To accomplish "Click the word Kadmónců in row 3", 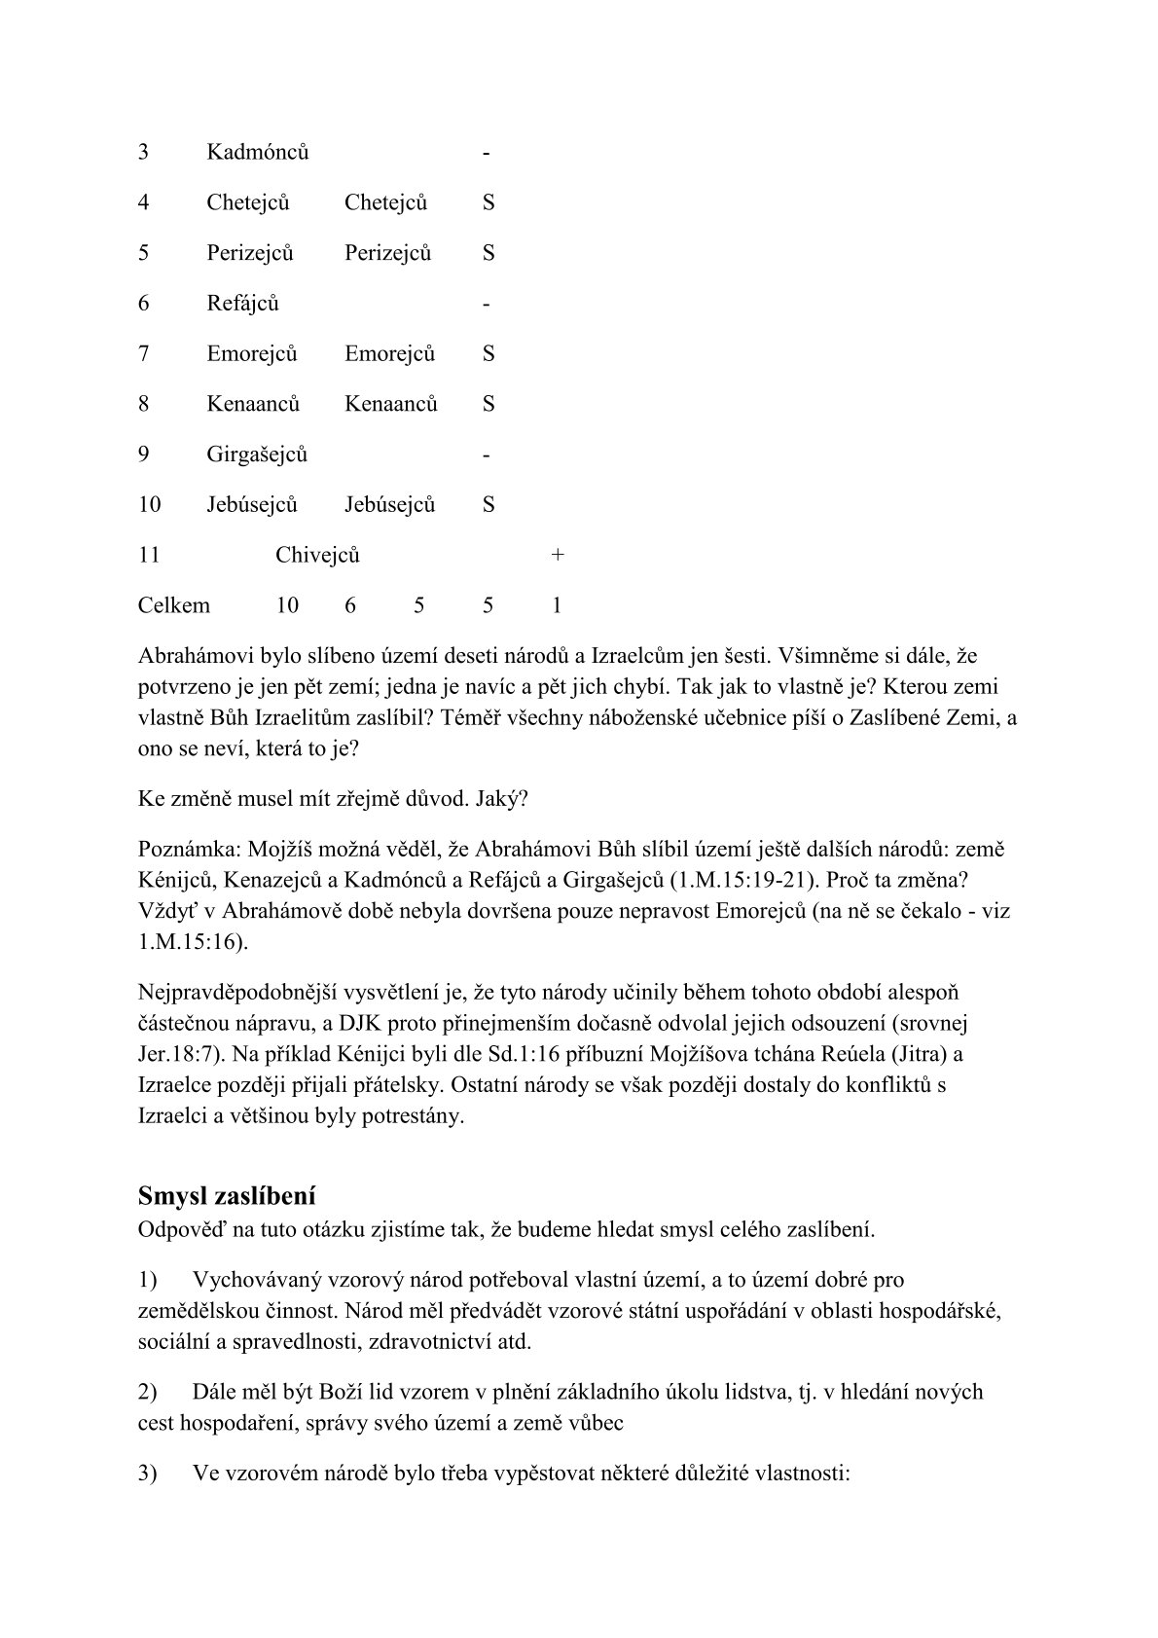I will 257,153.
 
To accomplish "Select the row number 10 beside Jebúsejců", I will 149,505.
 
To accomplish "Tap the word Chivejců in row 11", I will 317,556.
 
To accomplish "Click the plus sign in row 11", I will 557,556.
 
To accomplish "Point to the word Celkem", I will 173,606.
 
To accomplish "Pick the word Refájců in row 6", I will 242,304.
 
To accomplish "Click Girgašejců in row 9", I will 257,455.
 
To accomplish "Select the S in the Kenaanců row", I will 489,404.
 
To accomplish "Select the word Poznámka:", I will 183,850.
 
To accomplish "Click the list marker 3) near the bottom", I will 148,1474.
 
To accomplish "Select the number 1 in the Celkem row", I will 557,606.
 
